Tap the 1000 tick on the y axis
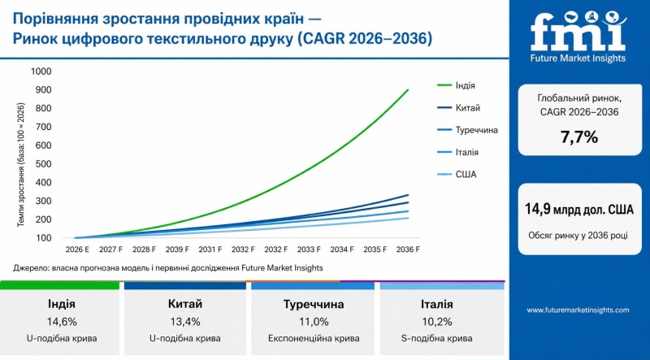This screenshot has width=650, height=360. coord(41,72)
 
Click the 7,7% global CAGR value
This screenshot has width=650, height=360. coord(578,137)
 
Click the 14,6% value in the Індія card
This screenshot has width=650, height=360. coord(62,321)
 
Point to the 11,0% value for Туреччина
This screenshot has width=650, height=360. coord(314,321)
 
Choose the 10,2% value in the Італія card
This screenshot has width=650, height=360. coord(438,321)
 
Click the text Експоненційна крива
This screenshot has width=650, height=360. coord(314,338)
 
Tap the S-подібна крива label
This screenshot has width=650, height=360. coord(438,338)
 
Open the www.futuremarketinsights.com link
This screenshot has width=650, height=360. coord(578,310)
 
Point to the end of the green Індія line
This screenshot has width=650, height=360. coord(408,90)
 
